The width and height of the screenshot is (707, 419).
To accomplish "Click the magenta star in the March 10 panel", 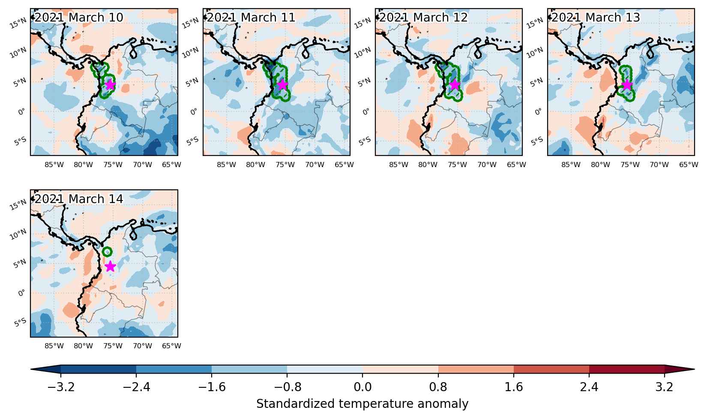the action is (x=110, y=84).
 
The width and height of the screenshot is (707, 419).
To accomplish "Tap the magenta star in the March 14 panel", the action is (x=110, y=266).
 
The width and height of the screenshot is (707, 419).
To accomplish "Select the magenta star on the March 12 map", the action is (x=455, y=84).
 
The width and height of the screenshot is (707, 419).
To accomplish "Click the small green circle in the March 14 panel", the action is (x=107, y=251).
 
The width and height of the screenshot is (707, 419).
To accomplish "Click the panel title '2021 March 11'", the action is (x=251, y=18).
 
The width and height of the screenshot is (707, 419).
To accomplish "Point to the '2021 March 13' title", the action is (x=596, y=18).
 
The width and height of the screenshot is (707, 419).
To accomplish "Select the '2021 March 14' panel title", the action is (x=78, y=199).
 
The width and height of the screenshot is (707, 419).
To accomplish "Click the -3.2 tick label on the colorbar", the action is (x=61, y=387).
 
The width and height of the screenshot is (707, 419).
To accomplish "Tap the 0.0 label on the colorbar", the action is (x=362, y=387).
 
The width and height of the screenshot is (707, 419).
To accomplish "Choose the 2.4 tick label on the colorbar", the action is (x=589, y=387).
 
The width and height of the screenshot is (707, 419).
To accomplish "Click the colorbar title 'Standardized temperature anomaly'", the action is (x=362, y=404).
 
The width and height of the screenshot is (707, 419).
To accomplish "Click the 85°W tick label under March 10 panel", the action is (x=54, y=165).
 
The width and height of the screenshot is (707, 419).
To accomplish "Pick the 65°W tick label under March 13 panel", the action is (x=689, y=165).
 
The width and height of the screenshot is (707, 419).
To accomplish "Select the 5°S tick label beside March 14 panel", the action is (x=20, y=323).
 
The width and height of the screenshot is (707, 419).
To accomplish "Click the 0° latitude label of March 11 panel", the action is (x=194, y=112).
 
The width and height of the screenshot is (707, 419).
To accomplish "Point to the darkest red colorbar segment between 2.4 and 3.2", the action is (x=627, y=369).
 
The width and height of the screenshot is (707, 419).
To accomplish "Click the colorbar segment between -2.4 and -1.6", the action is (x=174, y=369).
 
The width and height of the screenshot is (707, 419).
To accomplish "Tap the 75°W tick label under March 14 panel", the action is (x=113, y=346).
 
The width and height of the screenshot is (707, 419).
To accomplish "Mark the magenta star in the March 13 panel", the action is (x=627, y=84).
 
